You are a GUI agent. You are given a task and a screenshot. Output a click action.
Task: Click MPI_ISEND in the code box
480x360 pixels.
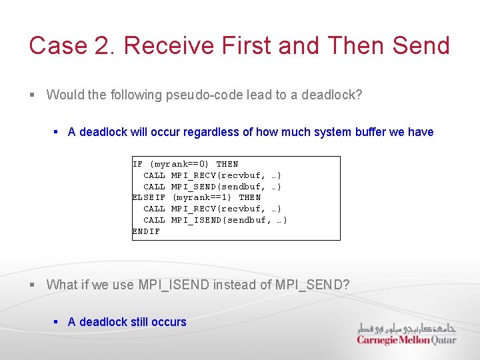[198, 220]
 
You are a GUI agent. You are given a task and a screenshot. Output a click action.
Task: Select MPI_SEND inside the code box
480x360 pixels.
[195, 187]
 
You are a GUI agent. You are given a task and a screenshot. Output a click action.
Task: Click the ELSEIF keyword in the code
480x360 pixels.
[149, 197]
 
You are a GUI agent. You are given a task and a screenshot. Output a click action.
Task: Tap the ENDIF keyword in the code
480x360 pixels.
[146, 231]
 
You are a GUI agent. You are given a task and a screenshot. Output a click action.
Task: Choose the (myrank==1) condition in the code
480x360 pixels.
[202, 197]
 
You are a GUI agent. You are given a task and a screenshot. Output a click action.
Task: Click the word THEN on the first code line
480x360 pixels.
[227, 164]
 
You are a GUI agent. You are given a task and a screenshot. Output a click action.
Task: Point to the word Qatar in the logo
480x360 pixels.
[443, 340]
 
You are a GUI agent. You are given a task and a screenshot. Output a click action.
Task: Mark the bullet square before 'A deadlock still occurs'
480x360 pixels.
[57, 322]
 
